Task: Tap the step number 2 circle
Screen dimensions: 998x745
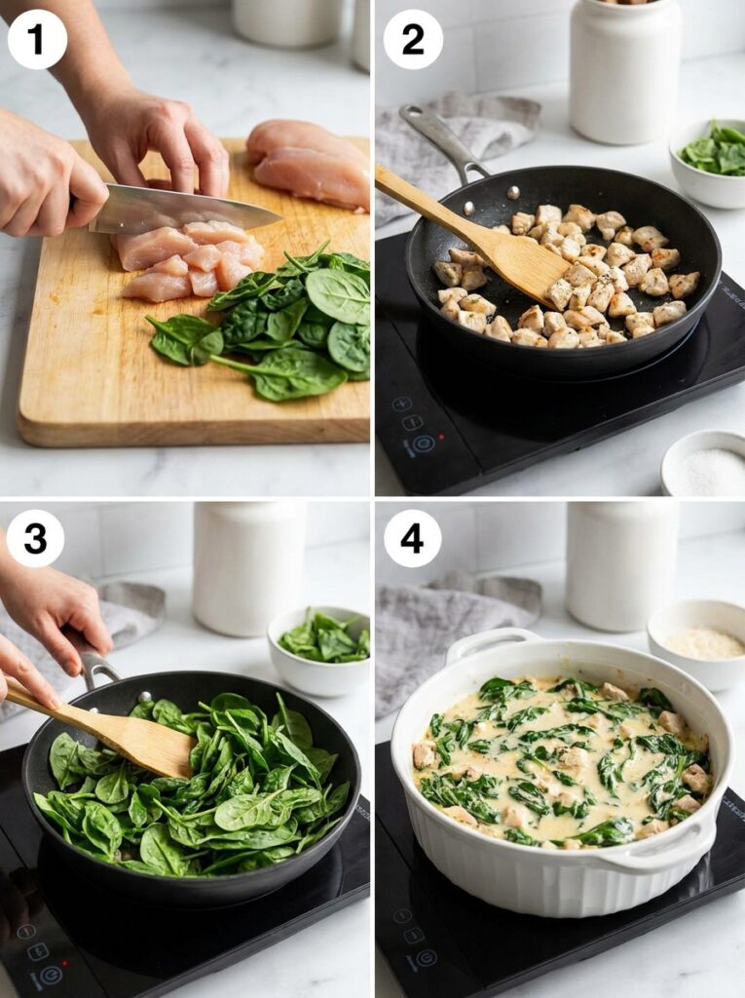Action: tap(413, 39)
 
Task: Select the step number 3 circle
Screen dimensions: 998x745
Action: tap(35, 538)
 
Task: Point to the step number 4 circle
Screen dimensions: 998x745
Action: tap(412, 538)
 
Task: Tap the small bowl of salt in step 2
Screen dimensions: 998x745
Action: tap(705, 465)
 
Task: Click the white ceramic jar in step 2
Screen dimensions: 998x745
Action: tap(625, 70)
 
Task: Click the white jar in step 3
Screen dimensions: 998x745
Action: tap(248, 568)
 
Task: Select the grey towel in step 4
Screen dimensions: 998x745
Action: tap(438, 624)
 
